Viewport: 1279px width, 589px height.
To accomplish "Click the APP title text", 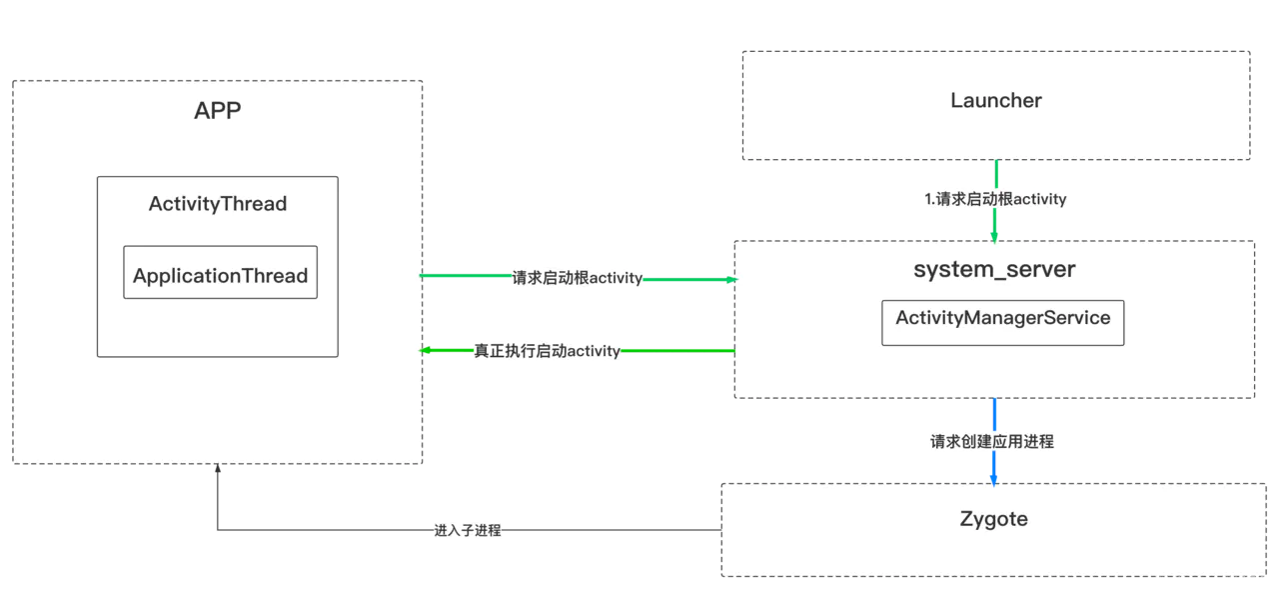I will [x=217, y=110].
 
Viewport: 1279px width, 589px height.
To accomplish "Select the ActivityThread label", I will [x=218, y=204].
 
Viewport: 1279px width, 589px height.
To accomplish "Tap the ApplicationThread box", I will [x=220, y=272].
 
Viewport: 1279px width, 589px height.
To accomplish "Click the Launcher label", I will [x=995, y=100].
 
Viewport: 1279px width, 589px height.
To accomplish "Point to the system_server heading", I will [x=994, y=269].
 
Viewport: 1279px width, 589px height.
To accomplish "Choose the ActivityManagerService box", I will [x=1002, y=322].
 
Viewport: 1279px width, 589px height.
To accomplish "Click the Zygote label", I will [x=993, y=519].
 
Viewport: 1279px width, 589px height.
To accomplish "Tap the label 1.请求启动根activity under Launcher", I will [x=995, y=199].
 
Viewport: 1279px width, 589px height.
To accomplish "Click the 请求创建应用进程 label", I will [x=991, y=441].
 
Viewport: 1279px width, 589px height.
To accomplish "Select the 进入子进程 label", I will [x=467, y=531].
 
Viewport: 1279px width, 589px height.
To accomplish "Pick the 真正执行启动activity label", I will [x=547, y=351].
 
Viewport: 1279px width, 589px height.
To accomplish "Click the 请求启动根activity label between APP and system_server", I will [x=577, y=278].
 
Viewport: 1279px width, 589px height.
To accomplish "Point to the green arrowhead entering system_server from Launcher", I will [x=995, y=235].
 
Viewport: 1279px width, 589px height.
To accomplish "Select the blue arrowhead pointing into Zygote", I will [x=994, y=477].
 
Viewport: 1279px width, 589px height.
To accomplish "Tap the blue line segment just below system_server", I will [x=994, y=413].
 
